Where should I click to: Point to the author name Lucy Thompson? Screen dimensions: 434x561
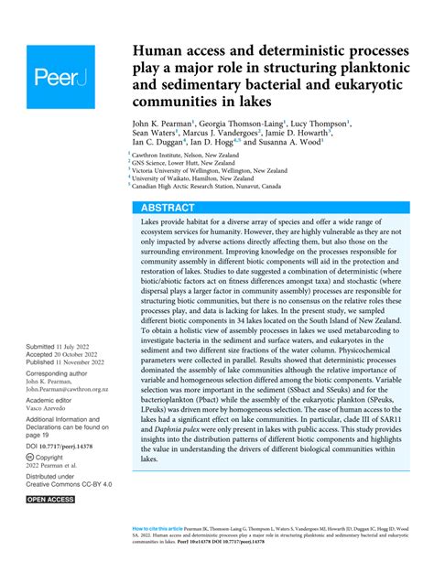point(320,122)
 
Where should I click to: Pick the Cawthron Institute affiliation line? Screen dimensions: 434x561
point(184,156)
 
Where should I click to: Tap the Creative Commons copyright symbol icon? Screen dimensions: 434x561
point(32,481)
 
